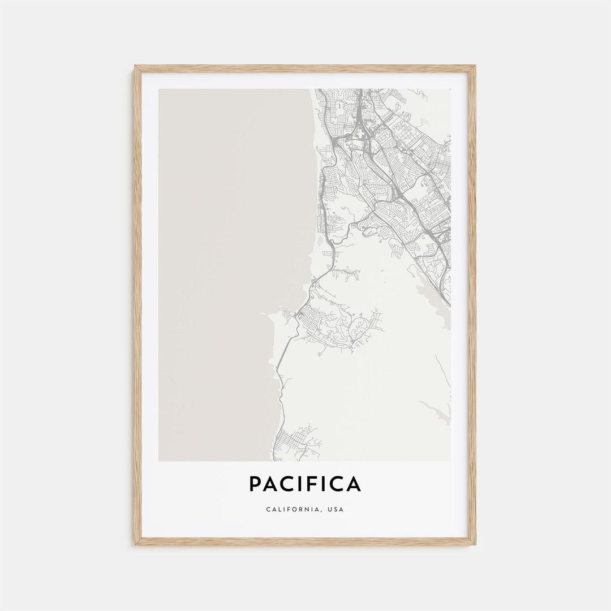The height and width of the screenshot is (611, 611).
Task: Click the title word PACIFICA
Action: coord(305,484)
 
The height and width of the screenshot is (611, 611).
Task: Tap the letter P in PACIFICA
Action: coord(255,484)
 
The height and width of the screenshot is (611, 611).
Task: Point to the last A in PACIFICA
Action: coord(354,484)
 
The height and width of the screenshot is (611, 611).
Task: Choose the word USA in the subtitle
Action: coord(335,510)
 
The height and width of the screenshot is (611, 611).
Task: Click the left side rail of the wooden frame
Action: coord(137,305)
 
